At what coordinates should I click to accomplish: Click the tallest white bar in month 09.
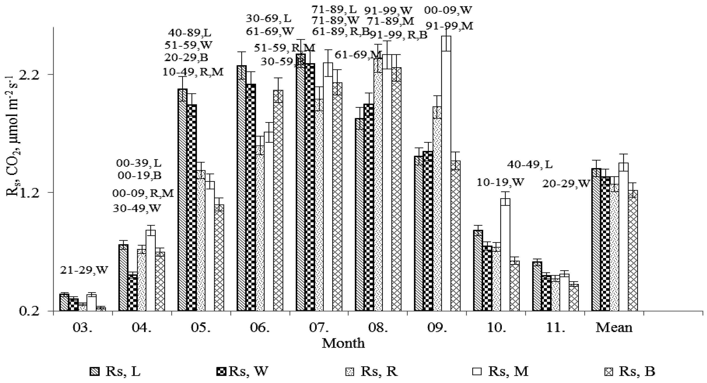446,175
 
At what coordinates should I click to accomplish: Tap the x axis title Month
343,343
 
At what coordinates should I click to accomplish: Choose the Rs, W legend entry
242,372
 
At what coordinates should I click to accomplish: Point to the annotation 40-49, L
529,165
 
